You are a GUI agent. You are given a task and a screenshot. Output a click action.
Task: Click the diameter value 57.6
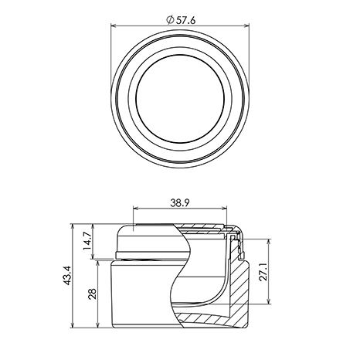(x=186, y=20)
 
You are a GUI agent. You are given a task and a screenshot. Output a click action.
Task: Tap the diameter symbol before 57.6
(x=170, y=20)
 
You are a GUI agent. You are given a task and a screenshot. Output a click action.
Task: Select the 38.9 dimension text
(x=180, y=203)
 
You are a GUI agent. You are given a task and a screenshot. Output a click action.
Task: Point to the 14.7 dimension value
(x=87, y=241)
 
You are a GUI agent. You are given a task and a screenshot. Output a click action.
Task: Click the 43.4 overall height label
(x=68, y=275)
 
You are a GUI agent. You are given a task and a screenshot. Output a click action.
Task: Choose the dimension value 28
(x=92, y=294)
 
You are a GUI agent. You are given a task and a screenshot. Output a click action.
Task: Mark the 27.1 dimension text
(x=263, y=272)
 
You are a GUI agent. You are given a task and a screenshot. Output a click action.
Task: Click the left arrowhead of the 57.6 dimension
(x=114, y=25)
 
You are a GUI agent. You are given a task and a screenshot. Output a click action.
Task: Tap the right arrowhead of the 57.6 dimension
(x=246, y=25)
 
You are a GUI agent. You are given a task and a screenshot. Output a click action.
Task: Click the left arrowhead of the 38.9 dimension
(x=136, y=208)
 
